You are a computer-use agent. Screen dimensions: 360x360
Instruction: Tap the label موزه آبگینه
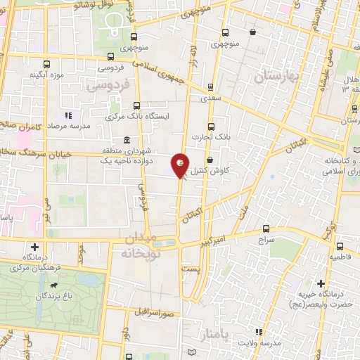(47, 75)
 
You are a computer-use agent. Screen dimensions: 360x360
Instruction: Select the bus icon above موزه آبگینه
(47, 63)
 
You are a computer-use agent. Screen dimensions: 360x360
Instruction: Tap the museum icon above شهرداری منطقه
(126, 139)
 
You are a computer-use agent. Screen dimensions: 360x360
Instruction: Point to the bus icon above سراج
(266, 229)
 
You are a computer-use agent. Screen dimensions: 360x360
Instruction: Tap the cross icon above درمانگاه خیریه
(321, 283)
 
